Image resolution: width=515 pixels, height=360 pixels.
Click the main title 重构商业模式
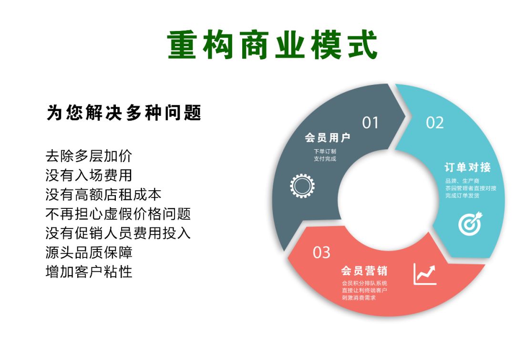pos(272,46)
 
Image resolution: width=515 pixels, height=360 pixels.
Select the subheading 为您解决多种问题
pos(124,113)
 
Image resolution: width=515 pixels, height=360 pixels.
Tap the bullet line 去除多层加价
pos(89,156)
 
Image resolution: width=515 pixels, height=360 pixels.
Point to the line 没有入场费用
pos(89,175)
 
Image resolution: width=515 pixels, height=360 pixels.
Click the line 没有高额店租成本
pos(103,195)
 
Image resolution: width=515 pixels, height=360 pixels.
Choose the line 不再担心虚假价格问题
pos(118,214)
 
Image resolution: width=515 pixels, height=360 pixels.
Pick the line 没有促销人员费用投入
pos(118,233)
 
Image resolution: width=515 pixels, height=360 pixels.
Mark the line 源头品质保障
pos(89,252)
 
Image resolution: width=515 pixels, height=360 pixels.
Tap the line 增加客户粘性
pos(89,272)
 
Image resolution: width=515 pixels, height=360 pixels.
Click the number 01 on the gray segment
pos(370,123)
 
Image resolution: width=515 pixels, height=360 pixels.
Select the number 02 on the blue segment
pos(434,123)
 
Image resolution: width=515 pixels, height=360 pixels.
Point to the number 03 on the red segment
pos(321,252)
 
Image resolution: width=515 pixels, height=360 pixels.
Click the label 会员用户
pos(328,138)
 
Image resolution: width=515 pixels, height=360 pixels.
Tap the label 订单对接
pos(467,167)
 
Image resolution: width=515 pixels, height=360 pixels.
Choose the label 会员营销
pos(364,271)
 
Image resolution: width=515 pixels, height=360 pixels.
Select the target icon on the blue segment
pos(470,224)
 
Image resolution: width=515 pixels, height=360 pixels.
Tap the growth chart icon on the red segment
pos(425,274)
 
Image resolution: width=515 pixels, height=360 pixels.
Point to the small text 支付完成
pos(325,159)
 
